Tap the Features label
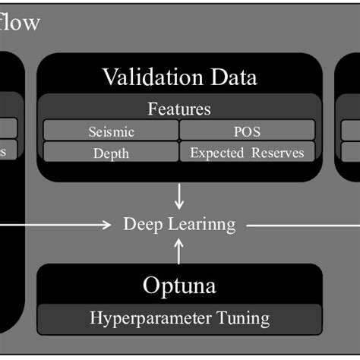(179, 109)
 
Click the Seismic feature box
(111, 131)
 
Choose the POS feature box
(247, 131)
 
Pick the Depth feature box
(111, 153)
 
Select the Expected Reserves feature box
(247, 153)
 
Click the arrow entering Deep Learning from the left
(61, 224)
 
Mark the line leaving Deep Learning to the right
(304, 224)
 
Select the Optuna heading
(179, 286)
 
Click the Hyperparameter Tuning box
(179, 317)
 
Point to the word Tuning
(242, 317)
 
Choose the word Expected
(216, 153)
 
